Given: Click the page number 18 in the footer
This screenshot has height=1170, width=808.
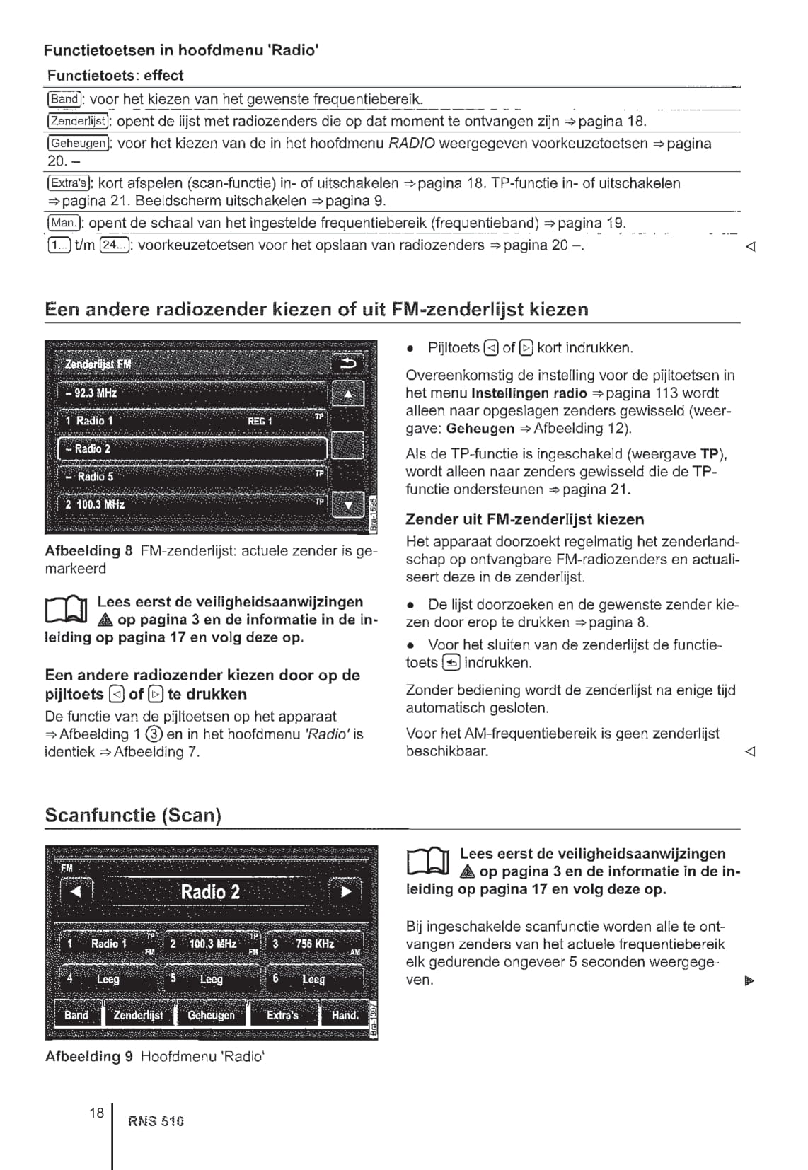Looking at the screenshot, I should [96, 1113].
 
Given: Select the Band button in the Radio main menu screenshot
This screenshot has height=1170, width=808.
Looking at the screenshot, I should [76, 1015].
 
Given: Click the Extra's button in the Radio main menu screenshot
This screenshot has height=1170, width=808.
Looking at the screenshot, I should [282, 1015].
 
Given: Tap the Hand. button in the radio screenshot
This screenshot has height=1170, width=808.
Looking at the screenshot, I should [345, 1015].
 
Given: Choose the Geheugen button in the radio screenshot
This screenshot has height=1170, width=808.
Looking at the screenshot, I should [211, 1015].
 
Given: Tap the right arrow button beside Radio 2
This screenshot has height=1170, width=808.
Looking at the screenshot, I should [346, 891].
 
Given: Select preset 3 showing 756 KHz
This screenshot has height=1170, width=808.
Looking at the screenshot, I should [315, 944].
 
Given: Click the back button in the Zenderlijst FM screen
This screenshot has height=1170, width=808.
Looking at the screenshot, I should [348, 364].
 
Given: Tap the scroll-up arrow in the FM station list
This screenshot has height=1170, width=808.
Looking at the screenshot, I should [348, 393].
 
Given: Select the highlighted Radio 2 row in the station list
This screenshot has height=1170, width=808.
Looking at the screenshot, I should [192, 448].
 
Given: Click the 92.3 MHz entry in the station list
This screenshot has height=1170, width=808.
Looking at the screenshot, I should [192, 393].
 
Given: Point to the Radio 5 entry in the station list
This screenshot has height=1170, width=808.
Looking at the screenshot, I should [192, 477].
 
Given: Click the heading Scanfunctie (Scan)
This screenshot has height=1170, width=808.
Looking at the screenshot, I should [133, 815].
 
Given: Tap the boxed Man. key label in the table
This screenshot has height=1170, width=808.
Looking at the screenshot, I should [63, 224].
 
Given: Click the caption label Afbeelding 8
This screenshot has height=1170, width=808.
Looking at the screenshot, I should [88, 550].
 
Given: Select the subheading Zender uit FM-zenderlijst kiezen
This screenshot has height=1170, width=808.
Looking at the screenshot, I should [524, 519].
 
